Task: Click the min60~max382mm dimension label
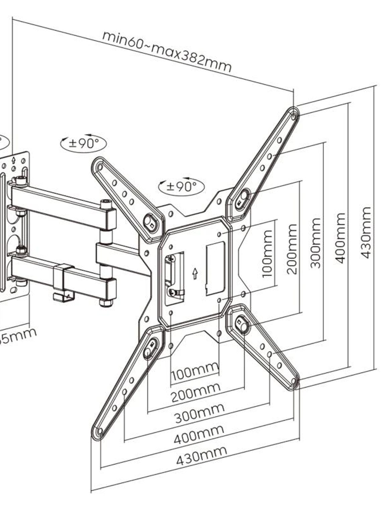tap(167, 51)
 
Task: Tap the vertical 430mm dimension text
tap(366, 233)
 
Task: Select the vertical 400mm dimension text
tap(340, 238)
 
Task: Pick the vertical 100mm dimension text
tap(267, 254)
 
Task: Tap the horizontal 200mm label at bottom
tap(196, 392)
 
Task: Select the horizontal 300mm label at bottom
tap(199, 413)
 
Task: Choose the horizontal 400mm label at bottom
tap(199, 434)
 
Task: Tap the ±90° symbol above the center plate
tap(181, 187)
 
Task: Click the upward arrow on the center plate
tap(195, 274)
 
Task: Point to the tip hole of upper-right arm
tap(294, 117)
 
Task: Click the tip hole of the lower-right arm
tap(294, 381)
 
